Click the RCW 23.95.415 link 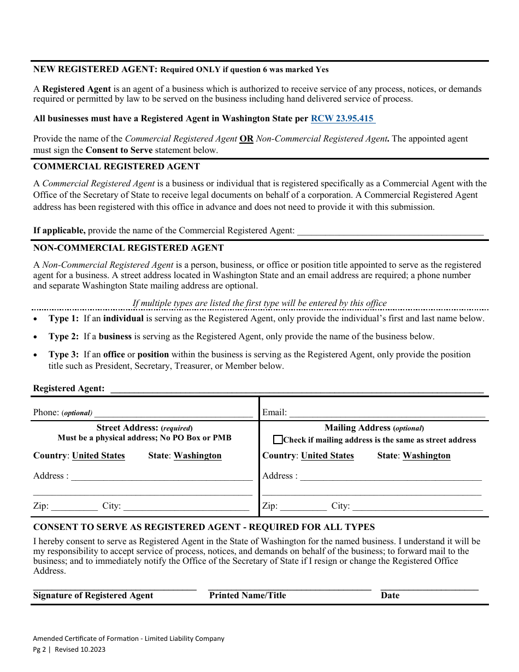click(343, 118)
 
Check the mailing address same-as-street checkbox click(278, 440)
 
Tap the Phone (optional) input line click(173, 413)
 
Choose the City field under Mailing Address click(417, 506)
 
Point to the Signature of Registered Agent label click(93, 596)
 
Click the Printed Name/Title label click(247, 596)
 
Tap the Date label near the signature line click(390, 596)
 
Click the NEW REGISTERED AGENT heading click(96, 69)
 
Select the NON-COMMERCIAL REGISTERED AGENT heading click(128, 248)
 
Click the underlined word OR click(246, 139)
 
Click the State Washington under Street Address click(197, 456)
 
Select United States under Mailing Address click(327, 456)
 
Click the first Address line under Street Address click(162, 476)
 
